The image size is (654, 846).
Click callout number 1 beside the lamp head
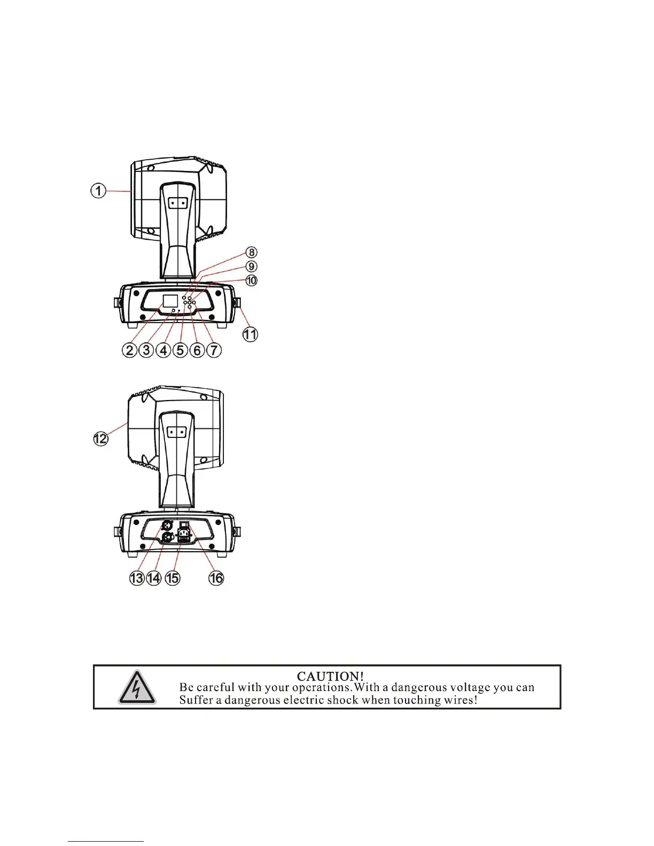[98, 190]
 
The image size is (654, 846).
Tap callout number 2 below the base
[129, 350]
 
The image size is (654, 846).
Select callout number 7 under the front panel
[214, 350]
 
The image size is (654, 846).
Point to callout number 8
[251, 252]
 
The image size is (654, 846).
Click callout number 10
[251, 280]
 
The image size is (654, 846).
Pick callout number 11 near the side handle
[250, 335]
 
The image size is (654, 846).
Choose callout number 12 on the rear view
[100, 438]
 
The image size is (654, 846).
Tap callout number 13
[137, 578]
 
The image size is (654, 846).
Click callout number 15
[172, 578]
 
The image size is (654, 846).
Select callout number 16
[216, 578]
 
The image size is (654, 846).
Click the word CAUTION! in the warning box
[330, 677]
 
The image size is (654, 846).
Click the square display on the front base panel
[169, 300]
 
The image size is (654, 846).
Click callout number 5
[180, 350]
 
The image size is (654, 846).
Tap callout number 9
[251, 266]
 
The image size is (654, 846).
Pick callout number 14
[154, 578]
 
